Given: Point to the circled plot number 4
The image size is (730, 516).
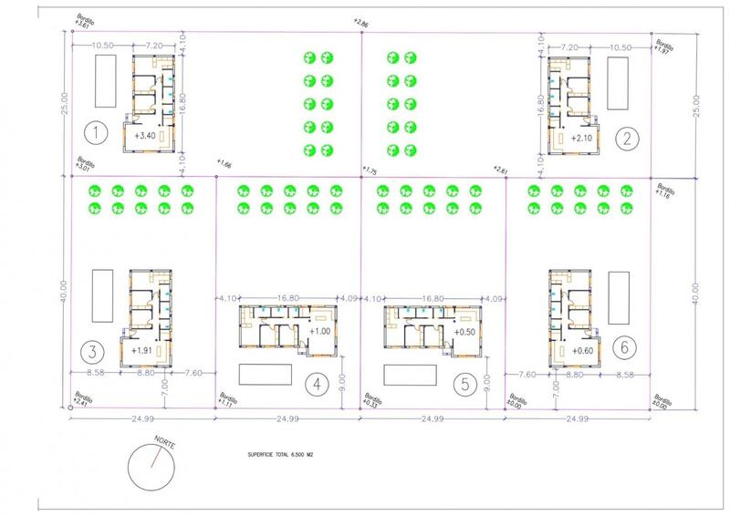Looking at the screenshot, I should click(x=316, y=384).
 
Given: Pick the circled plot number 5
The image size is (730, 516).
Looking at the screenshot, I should click(x=465, y=384).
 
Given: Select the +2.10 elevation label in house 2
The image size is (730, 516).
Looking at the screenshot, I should click(x=582, y=139).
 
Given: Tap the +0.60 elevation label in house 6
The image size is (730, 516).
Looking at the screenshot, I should click(x=582, y=350).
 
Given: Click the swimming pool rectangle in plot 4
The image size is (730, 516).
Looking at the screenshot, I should click(x=264, y=375).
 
